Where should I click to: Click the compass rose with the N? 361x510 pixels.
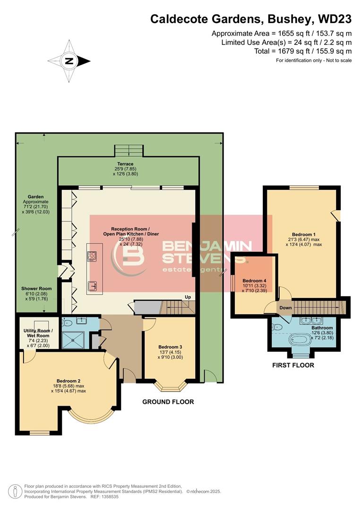click(x=69, y=60)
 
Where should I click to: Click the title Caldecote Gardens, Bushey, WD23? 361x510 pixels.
click(x=251, y=19)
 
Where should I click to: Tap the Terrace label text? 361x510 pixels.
click(x=126, y=164)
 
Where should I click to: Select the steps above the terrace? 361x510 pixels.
click(x=128, y=151)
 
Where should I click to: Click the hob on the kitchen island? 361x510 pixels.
click(x=92, y=256)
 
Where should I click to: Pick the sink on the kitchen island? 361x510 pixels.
click(x=92, y=285)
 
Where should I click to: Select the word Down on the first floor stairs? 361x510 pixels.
click(x=285, y=308)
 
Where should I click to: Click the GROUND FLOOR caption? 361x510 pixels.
click(x=168, y=402)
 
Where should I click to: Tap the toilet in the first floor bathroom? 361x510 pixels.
click(x=278, y=327)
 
